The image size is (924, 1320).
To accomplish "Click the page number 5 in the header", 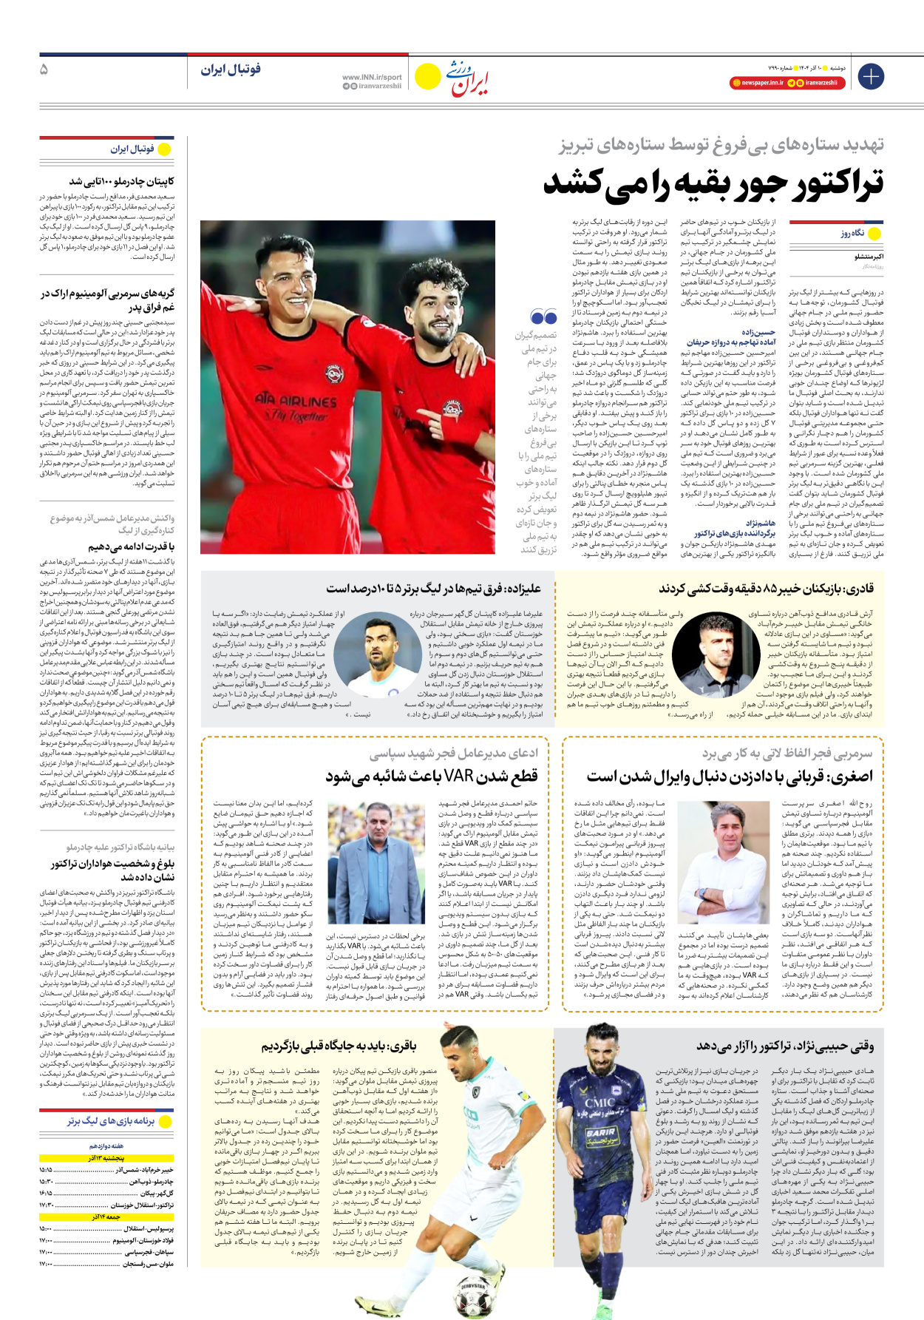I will (44, 70).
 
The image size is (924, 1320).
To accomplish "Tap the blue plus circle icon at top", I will (871, 76).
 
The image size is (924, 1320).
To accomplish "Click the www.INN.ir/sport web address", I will (372, 77).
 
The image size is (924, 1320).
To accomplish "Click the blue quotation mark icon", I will (544, 317).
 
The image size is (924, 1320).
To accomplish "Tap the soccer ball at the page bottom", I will (472, 1302).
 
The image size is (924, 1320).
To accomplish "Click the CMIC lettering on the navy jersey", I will (599, 1103).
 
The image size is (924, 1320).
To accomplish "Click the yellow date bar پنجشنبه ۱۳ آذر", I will (106, 1158).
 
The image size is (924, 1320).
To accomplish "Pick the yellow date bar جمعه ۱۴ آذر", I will (106, 1216).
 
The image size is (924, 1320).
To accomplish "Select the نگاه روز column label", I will (852, 233).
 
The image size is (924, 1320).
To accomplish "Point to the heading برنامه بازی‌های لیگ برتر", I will (111, 1121).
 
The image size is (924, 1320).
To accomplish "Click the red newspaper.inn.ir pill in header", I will (756, 83).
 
